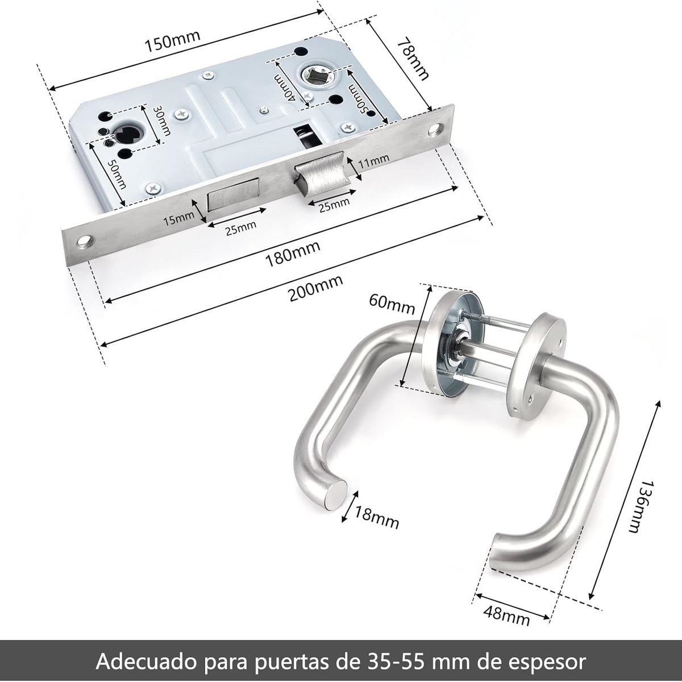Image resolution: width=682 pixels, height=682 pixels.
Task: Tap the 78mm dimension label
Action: [413, 59]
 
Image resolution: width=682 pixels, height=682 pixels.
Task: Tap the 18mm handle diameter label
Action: [377, 516]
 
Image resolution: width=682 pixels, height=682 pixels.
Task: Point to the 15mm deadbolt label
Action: [178, 218]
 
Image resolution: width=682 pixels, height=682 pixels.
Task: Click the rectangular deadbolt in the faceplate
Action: [234, 196]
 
